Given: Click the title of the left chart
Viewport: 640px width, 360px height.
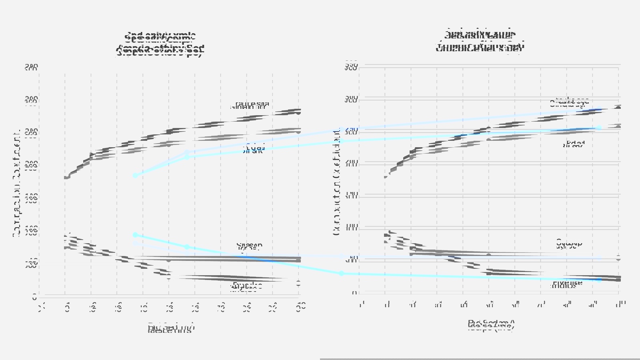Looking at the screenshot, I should click(160, 44).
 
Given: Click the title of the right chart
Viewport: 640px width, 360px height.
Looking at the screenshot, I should click(480, 40).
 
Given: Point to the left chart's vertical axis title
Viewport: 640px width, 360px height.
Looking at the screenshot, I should click(17, 184).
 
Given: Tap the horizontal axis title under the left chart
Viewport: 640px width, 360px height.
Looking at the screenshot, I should click(171, 328).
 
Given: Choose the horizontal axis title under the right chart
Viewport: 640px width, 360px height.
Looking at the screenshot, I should click(491, 325).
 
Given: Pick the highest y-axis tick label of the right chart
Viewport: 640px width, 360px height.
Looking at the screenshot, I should click(352, 66).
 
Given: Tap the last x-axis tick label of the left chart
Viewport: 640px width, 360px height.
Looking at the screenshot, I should click(301, 306).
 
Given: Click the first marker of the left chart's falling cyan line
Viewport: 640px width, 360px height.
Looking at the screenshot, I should click(135, 235).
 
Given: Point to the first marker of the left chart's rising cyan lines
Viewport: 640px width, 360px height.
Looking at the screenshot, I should click(135, 176).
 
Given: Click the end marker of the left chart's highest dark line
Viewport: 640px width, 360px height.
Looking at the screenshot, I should click(298, 112).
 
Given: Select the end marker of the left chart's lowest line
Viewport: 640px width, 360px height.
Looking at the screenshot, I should click(298, 283).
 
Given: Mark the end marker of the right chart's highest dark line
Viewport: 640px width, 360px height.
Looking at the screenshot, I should click(618, 108).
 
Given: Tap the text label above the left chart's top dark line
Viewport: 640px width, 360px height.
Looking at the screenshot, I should click(250, 105).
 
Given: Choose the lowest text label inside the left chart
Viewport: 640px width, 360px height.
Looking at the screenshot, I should click(247, 286).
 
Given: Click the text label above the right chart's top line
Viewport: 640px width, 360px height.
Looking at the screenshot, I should click(569, 102).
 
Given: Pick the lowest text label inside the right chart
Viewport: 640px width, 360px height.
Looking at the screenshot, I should click(567, 284).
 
